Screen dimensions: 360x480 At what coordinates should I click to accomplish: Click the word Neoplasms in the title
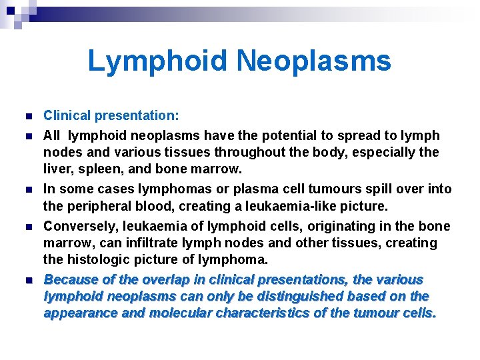[313, 61]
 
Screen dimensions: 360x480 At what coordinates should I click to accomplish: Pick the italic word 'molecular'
[181, 313]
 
